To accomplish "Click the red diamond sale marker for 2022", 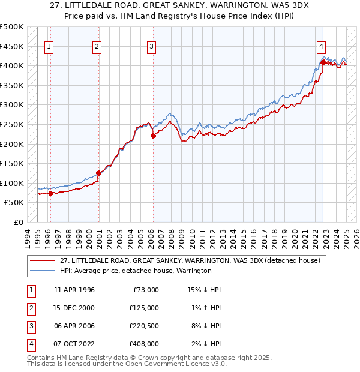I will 323,62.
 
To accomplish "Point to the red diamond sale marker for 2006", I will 153,136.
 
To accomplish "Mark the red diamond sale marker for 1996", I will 50,193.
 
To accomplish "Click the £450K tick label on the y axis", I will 12,46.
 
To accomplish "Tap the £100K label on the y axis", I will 12,183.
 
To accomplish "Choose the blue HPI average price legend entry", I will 136,271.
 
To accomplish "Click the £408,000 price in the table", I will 144,344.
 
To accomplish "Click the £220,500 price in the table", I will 144,326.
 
